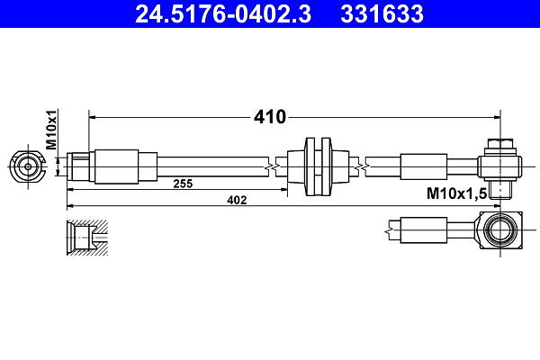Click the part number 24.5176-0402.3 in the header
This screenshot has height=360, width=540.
point(223,14)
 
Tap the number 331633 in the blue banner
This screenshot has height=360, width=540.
point(382,14)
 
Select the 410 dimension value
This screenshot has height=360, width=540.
point(270,117)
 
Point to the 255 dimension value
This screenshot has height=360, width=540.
point(183,184)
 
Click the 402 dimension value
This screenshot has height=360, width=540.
point(237,200)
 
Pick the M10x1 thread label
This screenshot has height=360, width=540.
point(51,130)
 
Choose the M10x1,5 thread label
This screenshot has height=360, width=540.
point(456,193)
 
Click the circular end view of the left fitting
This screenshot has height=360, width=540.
point(28,167)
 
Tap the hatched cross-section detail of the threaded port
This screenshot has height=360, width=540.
point(87,238)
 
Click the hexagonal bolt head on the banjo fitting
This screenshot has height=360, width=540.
point(500,143)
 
